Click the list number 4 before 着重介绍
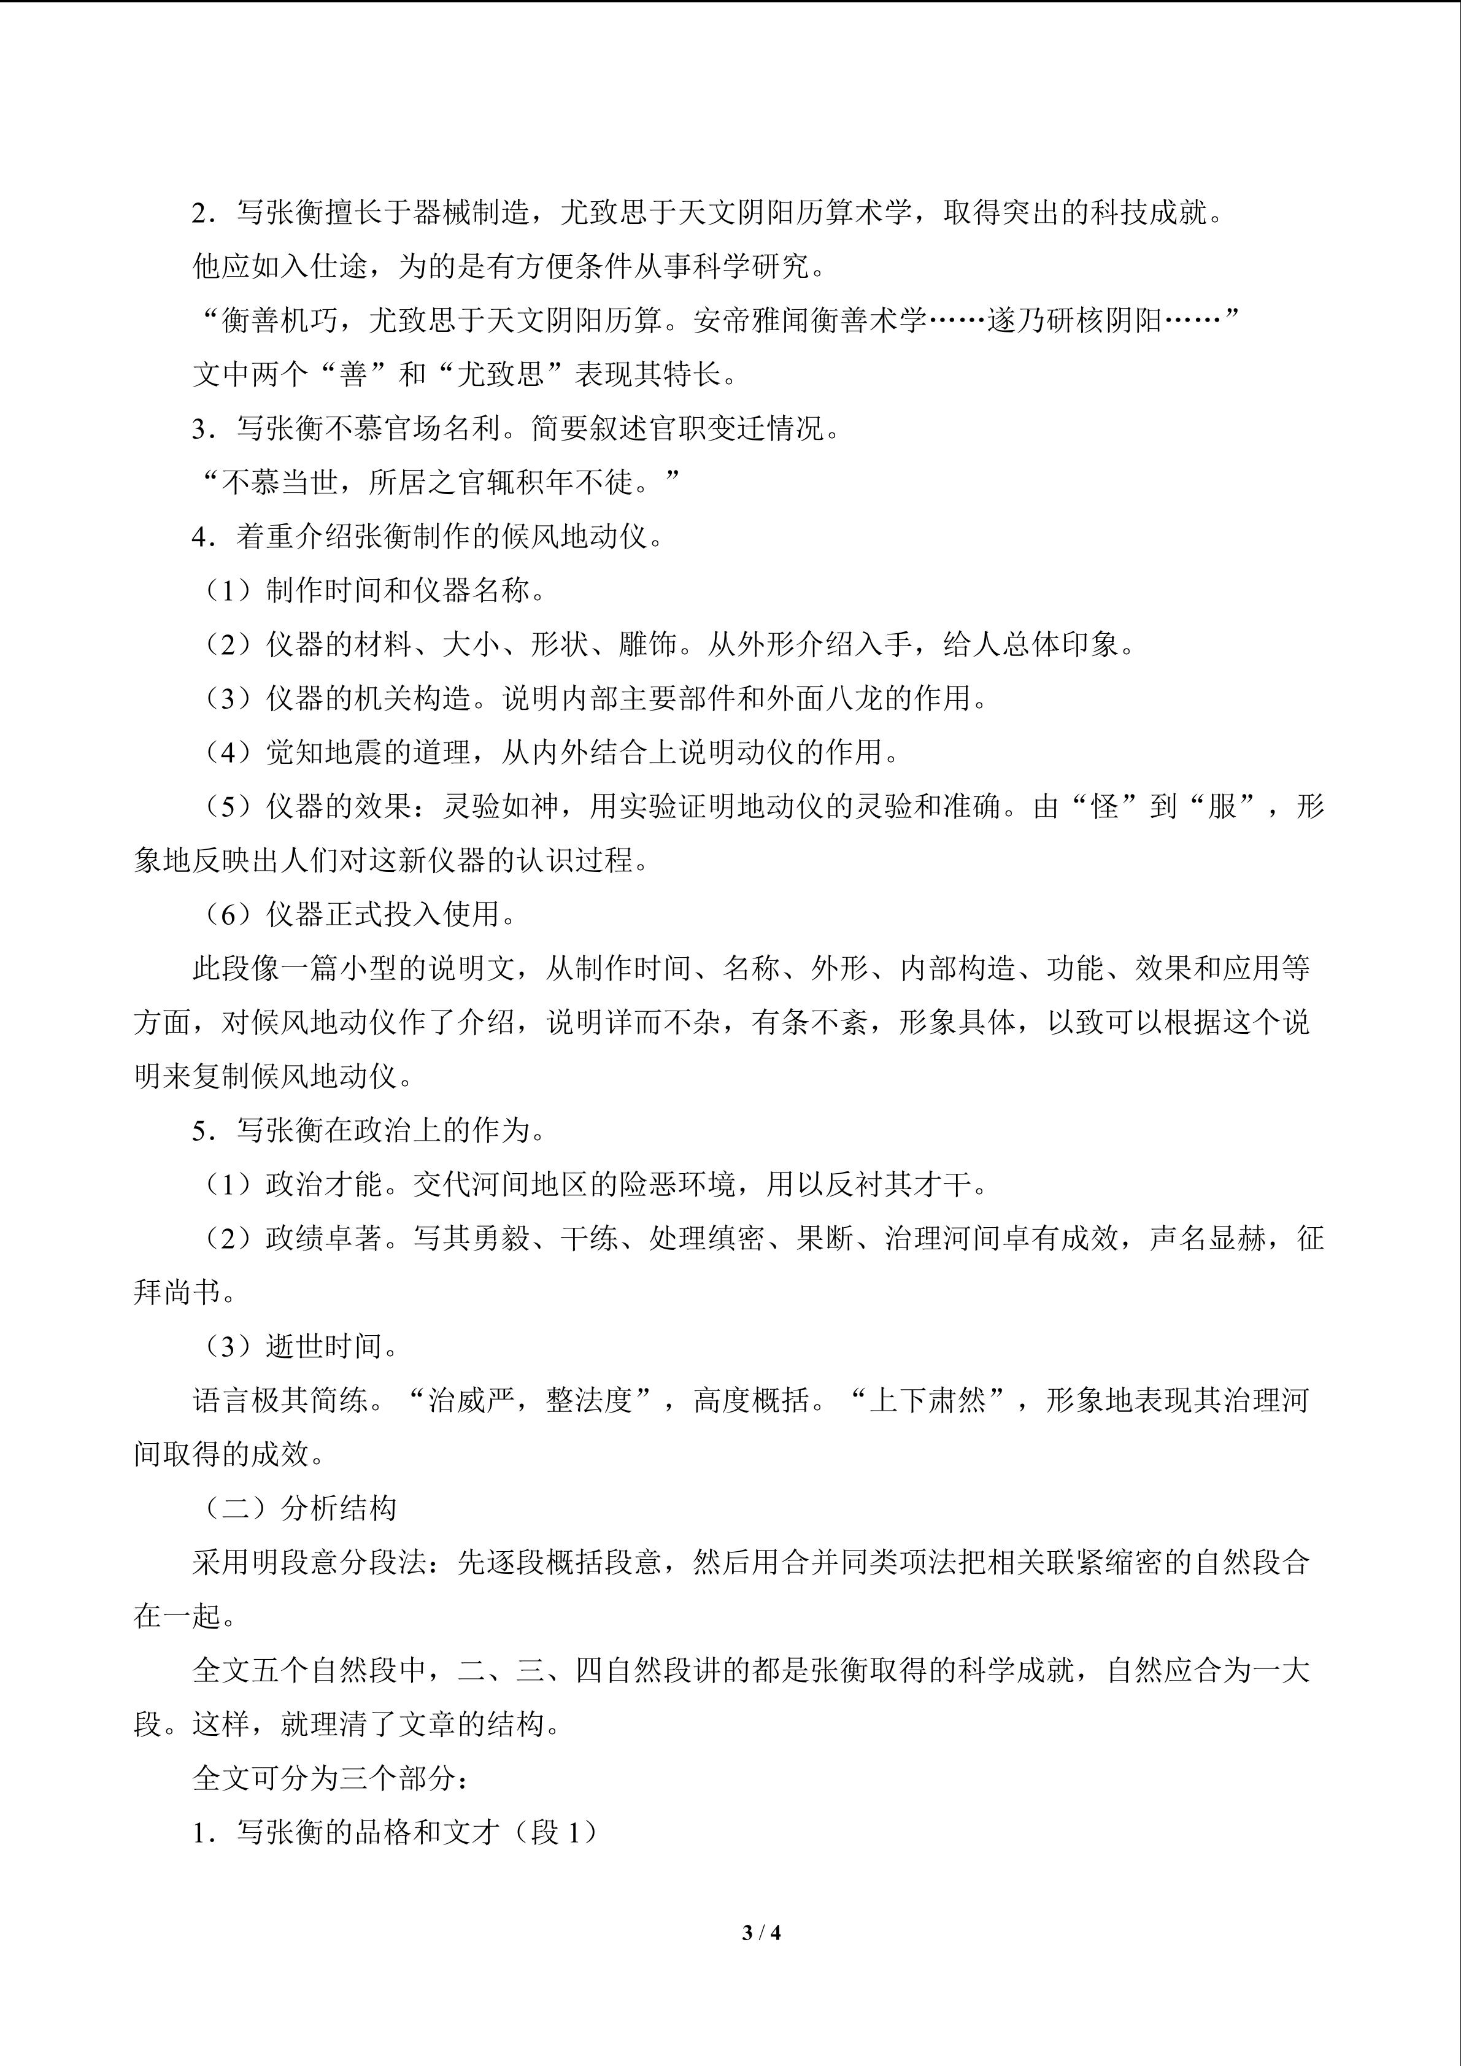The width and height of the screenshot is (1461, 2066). (201, 537)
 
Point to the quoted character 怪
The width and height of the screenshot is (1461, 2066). (1104, 807)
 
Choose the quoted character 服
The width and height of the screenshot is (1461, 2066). (1222, 807)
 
